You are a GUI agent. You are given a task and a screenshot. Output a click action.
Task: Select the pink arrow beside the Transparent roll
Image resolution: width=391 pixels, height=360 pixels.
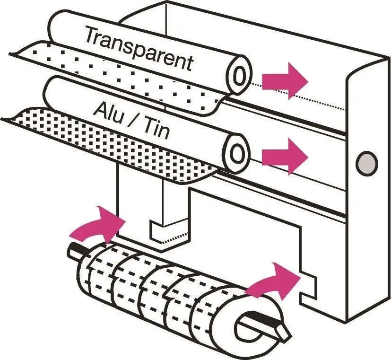click(285, 81)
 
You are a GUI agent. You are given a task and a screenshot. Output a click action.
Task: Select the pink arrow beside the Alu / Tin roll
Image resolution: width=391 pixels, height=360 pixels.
click(285, 157)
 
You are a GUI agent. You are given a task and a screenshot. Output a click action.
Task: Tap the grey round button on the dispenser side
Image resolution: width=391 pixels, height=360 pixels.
click(366, 163)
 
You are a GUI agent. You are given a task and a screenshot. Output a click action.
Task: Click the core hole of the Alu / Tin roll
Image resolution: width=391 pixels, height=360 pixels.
click(236, 153)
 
